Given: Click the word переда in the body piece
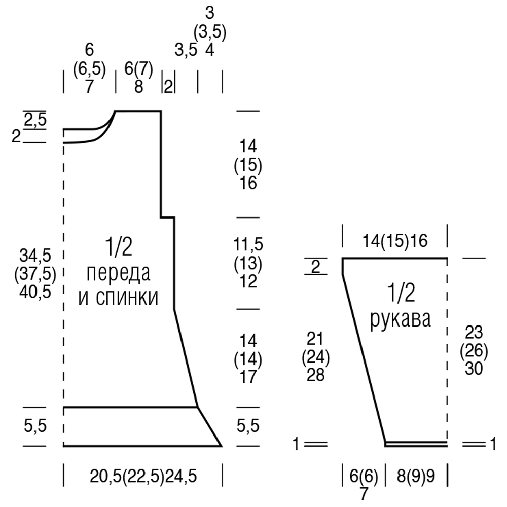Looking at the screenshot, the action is tap(118, 274).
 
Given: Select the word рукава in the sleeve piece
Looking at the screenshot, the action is tap(401, 320).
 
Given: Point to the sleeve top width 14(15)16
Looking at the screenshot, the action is tap(395, 241).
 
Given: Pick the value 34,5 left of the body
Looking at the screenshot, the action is tap(35, 256).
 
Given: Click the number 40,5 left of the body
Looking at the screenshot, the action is tap(35, 293).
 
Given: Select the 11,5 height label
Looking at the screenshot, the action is tap(248, 244).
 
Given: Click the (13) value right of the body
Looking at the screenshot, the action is tap(248, 263).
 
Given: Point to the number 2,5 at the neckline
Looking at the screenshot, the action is tap(35, 120).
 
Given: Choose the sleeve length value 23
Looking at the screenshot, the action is tap(474, 332).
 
